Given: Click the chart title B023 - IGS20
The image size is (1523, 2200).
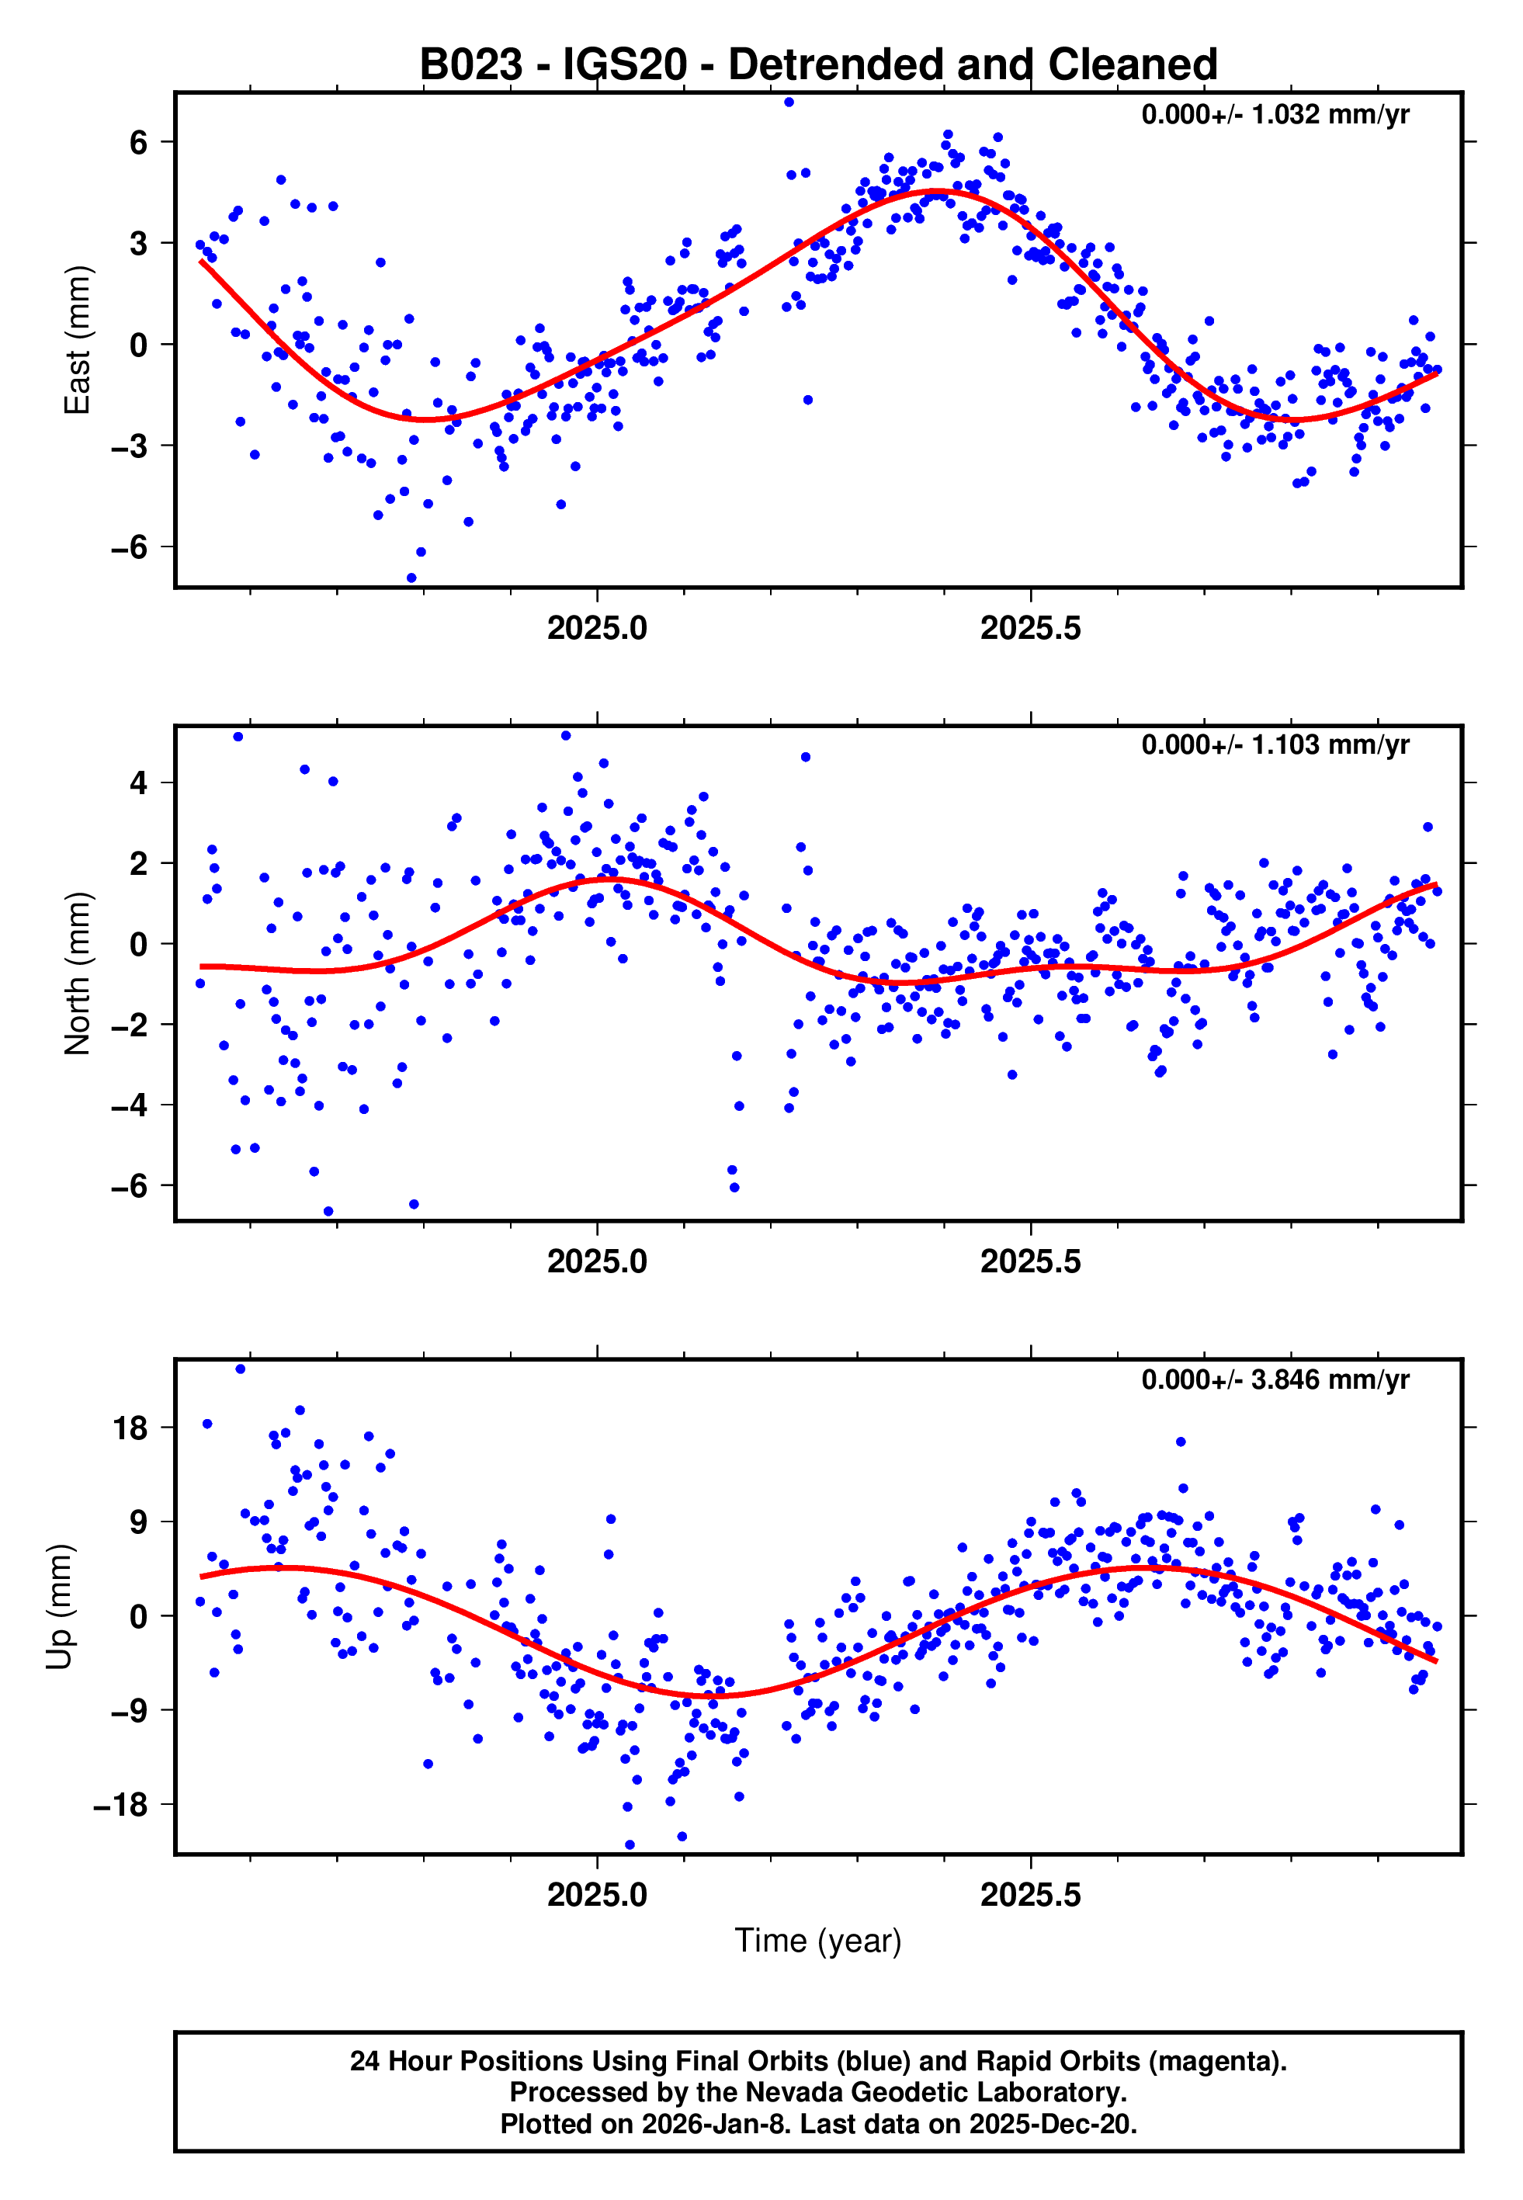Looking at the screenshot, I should [818, 65].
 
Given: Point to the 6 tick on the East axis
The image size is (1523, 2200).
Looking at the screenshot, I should [139, 142].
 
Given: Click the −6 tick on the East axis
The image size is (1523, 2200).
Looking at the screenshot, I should [130, 547].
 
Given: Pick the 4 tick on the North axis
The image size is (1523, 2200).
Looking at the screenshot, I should [139, 783].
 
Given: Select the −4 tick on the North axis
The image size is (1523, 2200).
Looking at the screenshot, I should [130, 1105].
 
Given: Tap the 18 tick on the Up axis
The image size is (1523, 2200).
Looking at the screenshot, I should [130, 1428].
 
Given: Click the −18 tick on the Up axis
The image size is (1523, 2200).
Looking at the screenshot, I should [121, 1805].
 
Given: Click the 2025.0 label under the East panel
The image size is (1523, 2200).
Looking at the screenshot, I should [598, 629].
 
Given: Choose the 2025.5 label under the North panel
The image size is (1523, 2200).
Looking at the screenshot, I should [1031, 1261].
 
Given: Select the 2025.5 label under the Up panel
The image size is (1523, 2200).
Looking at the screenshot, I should [1031, 1894].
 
